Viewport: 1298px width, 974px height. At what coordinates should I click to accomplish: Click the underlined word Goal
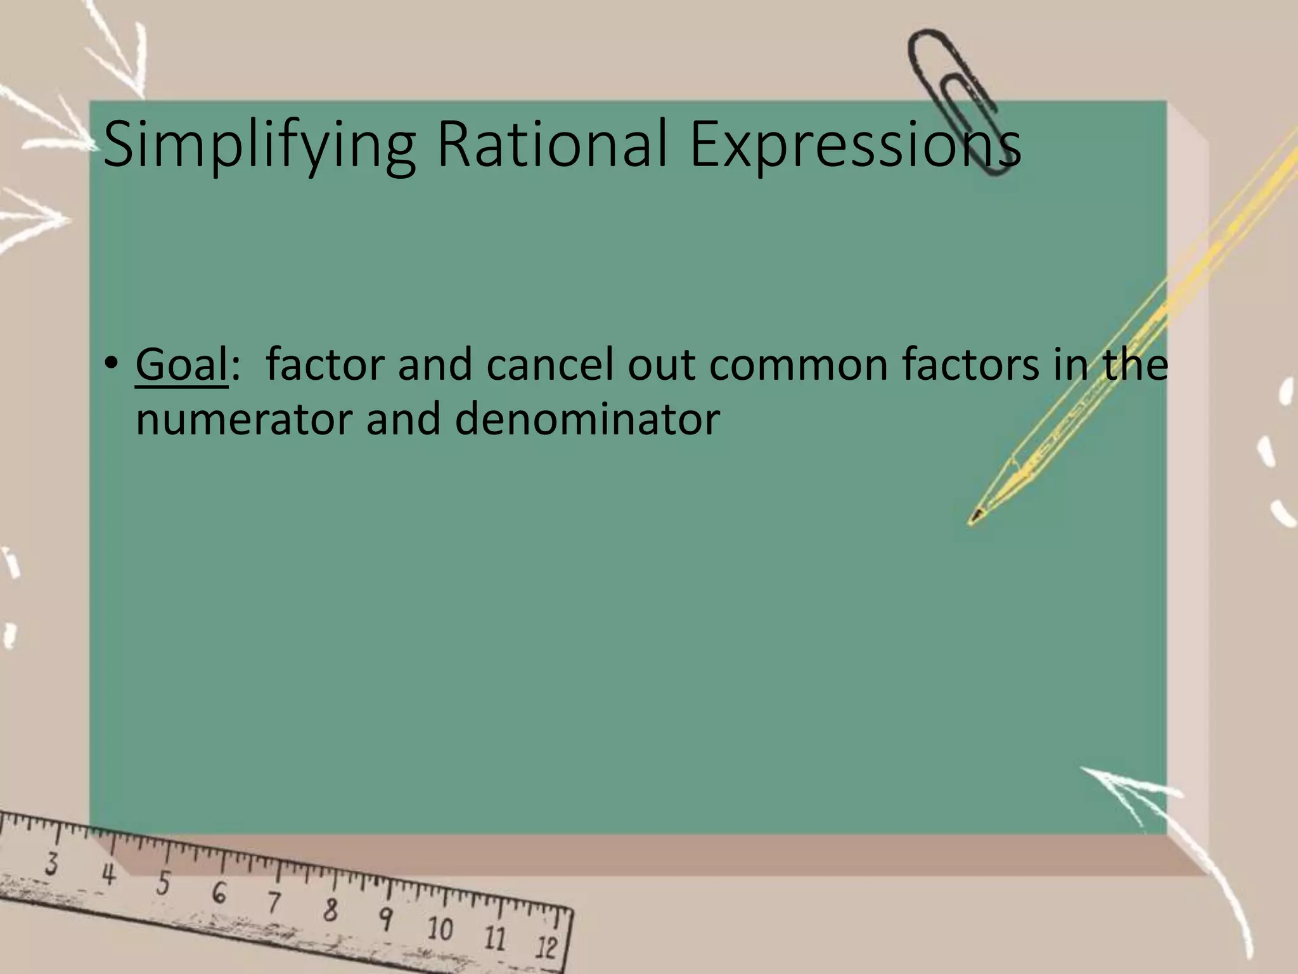click(181, 365)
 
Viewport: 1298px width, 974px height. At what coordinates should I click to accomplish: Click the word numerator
click(243, 420)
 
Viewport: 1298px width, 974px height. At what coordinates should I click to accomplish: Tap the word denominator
click(587, 420)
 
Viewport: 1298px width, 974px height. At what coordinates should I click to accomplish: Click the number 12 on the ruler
click(546, 947)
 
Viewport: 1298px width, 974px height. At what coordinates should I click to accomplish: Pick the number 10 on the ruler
click(440, 929)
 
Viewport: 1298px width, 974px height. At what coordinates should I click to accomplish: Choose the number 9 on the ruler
click(385, 919)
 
